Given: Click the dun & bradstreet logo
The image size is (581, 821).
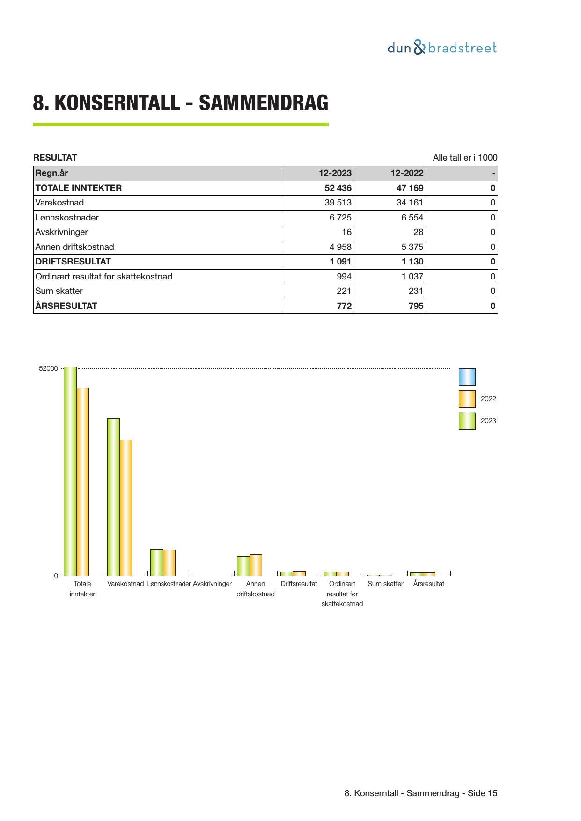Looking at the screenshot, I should click(x=441, y=48).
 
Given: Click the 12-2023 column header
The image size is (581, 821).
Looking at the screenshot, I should click(x=335, y=173).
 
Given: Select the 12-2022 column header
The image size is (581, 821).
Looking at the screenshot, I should click(x=407, y=173).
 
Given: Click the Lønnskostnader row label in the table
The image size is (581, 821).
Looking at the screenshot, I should click(x=67, y=218).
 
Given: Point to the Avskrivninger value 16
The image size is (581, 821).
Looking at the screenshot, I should click(x=346, y=232).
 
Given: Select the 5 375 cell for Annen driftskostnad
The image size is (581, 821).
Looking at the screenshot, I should click(x=412, y=247).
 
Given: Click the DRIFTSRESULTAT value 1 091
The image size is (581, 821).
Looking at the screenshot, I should click(x=340, y=262).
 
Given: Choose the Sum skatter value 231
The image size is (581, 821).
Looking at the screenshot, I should click(x=416, y=291).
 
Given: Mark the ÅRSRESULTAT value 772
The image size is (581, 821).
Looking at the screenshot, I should click(x=344, y=306).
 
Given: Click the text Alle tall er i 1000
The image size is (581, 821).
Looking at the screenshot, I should click(x=465, y=158).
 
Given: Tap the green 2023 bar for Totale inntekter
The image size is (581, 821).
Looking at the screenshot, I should click(x=70, y=470).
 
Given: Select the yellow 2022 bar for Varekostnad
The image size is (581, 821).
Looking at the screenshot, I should click(x=126, y=507).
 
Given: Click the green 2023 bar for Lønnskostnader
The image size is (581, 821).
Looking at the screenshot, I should click(x=156, y=562).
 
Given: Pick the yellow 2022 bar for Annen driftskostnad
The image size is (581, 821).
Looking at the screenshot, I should click(x=256, y=565).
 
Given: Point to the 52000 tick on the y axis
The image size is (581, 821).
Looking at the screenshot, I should click(x=48, y=369).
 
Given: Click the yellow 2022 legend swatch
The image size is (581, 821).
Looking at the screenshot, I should click(x=467, y=399).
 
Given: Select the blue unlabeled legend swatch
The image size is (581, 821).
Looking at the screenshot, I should click(x=467, y=377).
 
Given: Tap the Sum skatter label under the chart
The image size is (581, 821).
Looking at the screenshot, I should click(x=385, y=584).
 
